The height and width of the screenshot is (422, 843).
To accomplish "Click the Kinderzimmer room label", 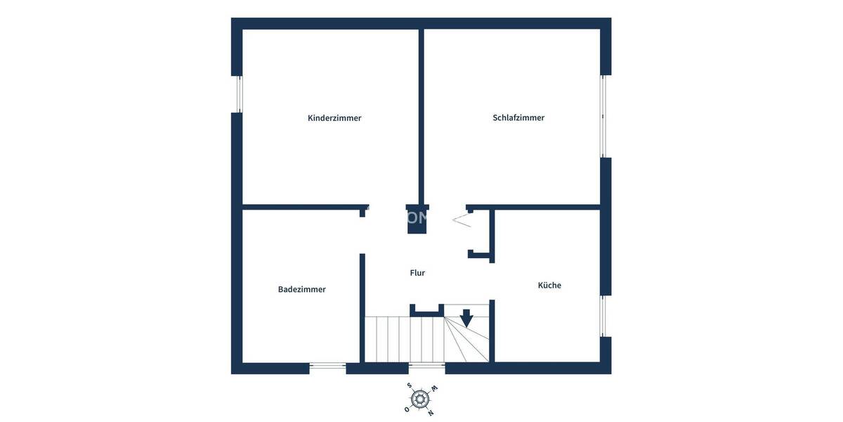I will coord(334,118).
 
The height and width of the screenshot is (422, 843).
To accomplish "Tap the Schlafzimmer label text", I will coord(518,118).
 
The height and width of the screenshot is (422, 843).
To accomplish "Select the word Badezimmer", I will coord(301,289).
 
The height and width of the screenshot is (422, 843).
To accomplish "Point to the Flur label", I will coord(417,273).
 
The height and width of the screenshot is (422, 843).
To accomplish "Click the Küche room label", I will coord(549,285).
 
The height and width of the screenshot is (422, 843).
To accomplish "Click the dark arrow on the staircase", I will coord(466,318).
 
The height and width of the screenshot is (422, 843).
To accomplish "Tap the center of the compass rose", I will coord(420,399).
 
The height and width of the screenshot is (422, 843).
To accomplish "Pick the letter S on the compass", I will coord(410,385).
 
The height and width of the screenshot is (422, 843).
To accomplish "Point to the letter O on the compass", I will coord(406,409).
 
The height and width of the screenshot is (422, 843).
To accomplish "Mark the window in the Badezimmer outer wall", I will coord(327,366).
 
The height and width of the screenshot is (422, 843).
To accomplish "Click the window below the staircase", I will coord(426,366).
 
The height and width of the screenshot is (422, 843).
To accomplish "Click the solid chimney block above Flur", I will coord(417,220).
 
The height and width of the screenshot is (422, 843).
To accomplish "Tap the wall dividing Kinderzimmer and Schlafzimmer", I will coord(421,116).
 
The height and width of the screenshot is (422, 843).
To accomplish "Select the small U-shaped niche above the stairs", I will coord(426,309).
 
